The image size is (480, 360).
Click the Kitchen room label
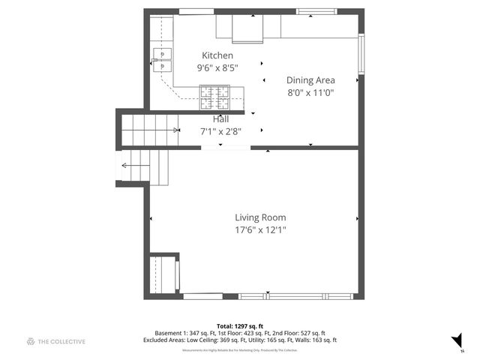click(x=217, y=55)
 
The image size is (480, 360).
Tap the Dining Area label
click(x=310, y=79)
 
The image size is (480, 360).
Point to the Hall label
click(x=220, y=118)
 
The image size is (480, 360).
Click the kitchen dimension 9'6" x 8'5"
click(x=217, y=67)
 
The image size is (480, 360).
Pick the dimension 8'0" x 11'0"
click(x=310, y=92)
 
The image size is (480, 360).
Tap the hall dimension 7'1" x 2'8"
click(x=220, y=130)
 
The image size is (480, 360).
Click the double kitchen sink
click(x=162, y=60)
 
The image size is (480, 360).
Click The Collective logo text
click(x=62, y=341)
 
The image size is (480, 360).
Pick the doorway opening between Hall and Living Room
click(x=226, y=148)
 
